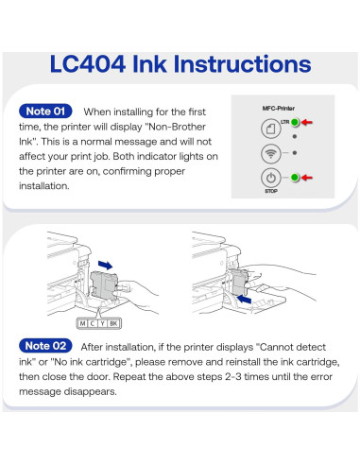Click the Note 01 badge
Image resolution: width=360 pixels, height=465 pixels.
point(45,112)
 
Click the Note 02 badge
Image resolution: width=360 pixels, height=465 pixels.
point(45,346)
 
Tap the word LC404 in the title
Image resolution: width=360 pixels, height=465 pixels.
point(88,64)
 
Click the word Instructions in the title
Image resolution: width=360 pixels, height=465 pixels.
point(242,64)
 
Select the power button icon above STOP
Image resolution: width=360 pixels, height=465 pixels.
point(271,178)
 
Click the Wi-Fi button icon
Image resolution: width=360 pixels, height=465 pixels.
point(271,154)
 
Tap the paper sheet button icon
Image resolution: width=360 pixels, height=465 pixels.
point(271,129)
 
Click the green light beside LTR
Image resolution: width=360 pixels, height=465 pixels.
point(295,122)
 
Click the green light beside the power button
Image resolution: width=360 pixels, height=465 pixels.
point(295,178)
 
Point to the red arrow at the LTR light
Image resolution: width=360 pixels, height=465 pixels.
point(307,122)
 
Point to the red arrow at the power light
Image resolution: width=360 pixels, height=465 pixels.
point(307,178)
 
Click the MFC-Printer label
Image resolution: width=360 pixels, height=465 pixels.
point(279,109)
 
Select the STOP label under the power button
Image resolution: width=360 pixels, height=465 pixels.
point(271,191)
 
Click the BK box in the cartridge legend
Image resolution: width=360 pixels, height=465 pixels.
point(113,323)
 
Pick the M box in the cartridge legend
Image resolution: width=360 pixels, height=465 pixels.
point(82,323)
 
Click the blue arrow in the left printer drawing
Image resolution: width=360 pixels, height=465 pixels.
point(105,265)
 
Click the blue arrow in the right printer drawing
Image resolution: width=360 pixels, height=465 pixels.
point(244,299)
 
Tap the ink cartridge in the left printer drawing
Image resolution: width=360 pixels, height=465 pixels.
point(104,285)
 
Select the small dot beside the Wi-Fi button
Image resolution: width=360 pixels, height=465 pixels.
point(295,153)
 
